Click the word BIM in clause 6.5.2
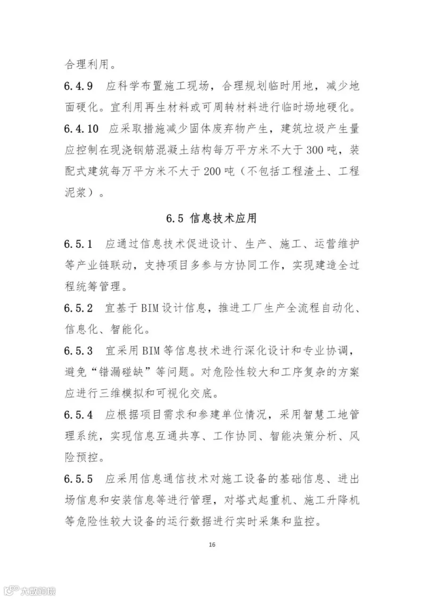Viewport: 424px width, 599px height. click(x=151, y=308)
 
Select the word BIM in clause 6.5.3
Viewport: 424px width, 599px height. click(x=151, y=351)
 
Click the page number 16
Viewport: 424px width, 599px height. click(x=212, y=544)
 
